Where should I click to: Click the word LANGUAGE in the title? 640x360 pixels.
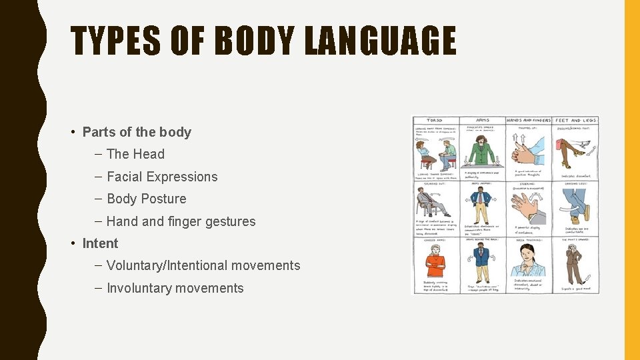tap(380, 41)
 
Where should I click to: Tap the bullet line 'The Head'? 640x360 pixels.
tap(135, 154)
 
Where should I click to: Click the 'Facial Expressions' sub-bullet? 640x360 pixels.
tap(162, 177)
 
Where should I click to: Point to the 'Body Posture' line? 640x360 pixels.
tap(146, 199)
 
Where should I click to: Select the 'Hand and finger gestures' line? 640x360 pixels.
tap(181, 221)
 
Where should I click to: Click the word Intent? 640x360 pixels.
tap(100, 243)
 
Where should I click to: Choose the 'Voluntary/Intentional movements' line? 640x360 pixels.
tap(203, 265)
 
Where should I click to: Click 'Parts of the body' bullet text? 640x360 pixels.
tap(137, 132)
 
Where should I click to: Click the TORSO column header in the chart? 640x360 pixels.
tap(436, 121)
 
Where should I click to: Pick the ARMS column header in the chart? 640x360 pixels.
tap(482, 121)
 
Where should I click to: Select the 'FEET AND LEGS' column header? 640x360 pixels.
tap(576, 121)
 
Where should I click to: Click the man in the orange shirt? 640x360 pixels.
tap(435, 262)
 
